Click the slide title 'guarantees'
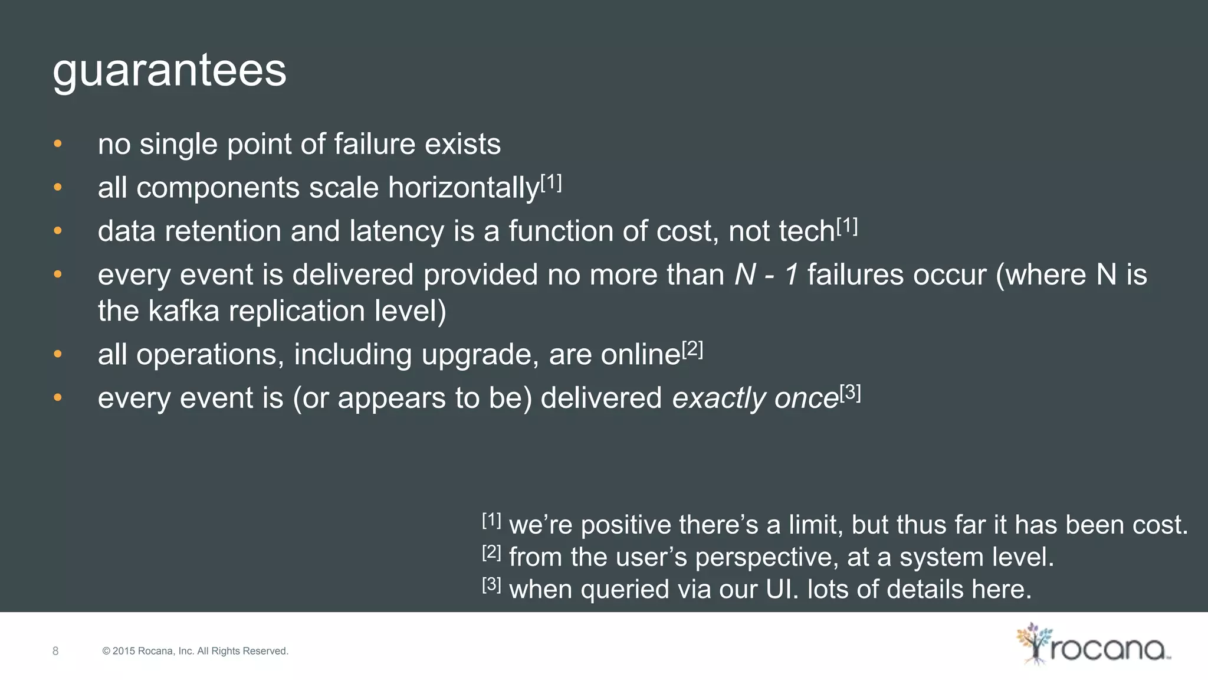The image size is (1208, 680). pos(169,71)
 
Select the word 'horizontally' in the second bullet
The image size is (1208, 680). pos(463,188)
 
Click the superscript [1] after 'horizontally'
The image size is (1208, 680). pos(551,183)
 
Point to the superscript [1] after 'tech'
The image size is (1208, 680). pos(847,226)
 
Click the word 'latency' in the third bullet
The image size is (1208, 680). pos(396,231)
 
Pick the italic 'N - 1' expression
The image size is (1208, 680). pos(766,275)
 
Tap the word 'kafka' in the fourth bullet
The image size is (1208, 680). pos(183,311)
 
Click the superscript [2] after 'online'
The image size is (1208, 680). pos(692,349)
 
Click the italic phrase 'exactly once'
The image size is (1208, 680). pos(755,398)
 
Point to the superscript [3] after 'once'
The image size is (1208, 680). pos(850,393)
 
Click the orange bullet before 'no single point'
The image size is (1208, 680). pos(58,143)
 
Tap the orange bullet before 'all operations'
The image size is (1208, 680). pos(58,354)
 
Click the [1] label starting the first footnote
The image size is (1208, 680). pos(492,521)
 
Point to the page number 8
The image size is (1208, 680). pos(55,651)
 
